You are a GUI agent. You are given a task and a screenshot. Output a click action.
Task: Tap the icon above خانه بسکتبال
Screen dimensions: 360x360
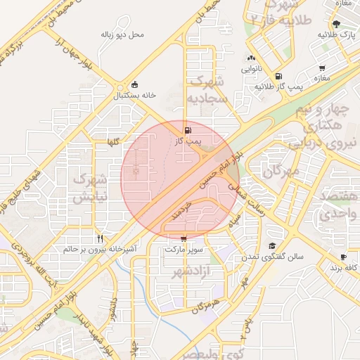coord(135,84)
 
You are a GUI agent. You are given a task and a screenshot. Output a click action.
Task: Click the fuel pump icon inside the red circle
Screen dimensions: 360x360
coord(187,130)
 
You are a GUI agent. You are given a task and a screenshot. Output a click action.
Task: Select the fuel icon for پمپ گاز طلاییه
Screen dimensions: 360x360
coord(279,76)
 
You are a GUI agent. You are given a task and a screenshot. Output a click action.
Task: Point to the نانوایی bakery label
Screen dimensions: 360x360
coord(252,70)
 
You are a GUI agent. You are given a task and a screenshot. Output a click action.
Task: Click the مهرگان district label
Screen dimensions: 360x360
coord(281,171)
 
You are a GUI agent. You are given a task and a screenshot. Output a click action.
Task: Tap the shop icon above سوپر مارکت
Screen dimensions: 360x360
coord(184,238)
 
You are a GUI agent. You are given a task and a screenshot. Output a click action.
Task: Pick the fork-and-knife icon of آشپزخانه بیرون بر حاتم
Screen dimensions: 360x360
coord(100,238)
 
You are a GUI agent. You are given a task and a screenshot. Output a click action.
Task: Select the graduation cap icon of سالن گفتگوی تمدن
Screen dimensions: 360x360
coord(271,245)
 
